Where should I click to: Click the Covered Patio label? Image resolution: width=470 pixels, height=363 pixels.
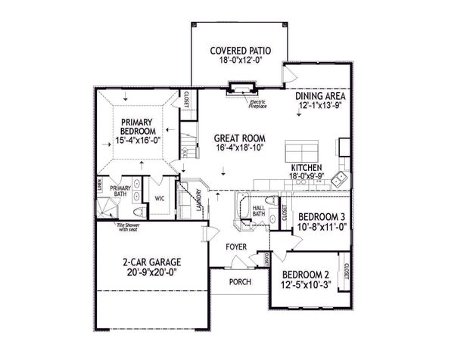tap(240, 51)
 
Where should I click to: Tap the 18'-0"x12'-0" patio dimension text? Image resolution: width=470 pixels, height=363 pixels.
tap(240, 62)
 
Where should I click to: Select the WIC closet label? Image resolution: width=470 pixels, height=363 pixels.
tap(160, 198)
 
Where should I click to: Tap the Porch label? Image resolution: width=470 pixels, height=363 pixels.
tap(239, 282)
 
